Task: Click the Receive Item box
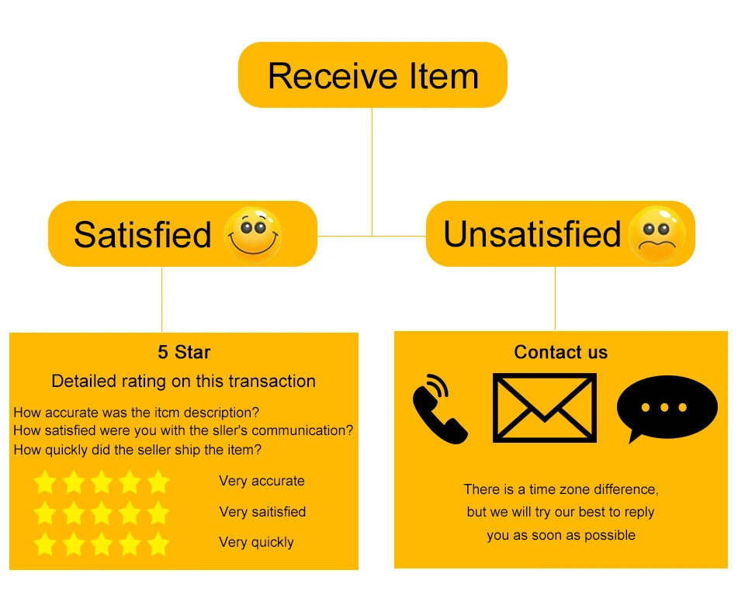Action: pos(372,75)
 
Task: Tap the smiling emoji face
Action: pos(252,233)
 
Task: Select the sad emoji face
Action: pos(657,234)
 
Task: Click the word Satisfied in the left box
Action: pos(142,234)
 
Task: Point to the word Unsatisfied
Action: pos(532,234)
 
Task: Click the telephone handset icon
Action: pos(440,409)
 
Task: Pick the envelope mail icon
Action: pos(545,408)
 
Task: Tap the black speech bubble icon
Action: pos(666,409)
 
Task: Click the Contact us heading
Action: pos(560,352)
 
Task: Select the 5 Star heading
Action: pos(184,352)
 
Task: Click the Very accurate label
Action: pos(262,481)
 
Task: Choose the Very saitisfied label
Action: pos(262,512)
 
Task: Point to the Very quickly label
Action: pos(256,542)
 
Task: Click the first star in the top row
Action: pos(45,482)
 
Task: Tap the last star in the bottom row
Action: pos(158,543)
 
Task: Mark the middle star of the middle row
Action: pos(102,513)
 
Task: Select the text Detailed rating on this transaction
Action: pos(183,381)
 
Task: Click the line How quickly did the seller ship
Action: pos(137,449)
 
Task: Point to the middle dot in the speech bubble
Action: pos(664,407)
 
